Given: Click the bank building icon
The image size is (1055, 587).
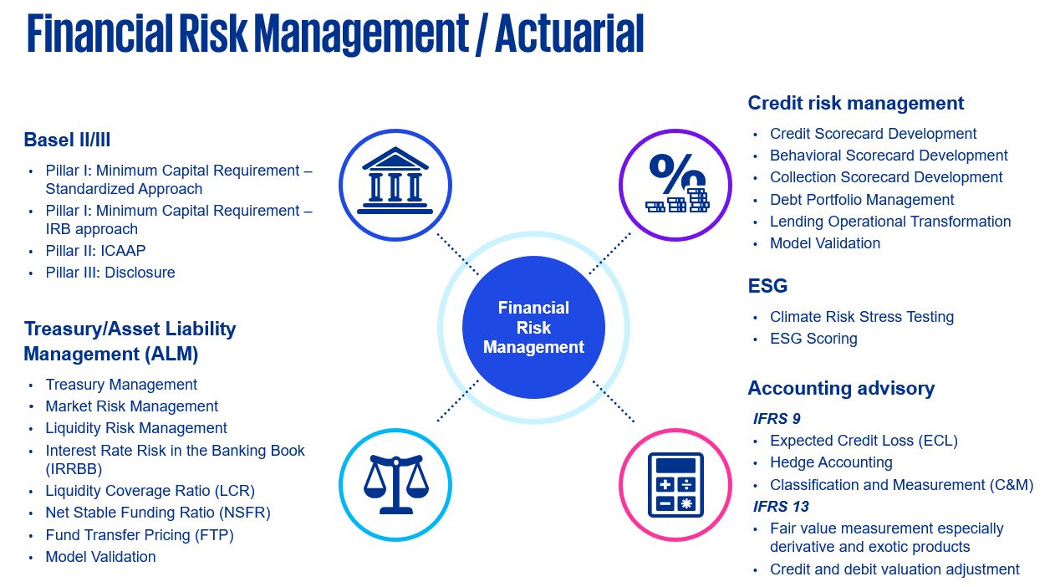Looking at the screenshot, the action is [395, 181].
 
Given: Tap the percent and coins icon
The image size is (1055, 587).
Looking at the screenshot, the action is [677, 183].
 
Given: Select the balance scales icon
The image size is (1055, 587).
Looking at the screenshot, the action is [395, 484].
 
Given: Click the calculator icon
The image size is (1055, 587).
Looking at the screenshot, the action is [675, 485].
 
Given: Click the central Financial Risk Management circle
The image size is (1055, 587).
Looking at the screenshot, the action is [533, 328].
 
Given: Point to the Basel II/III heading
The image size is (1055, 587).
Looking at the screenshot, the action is [67, 140].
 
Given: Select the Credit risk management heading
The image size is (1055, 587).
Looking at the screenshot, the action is [856, 103].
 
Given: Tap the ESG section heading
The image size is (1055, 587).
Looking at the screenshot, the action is [767, 286].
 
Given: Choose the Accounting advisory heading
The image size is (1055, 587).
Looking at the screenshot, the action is [841, 388].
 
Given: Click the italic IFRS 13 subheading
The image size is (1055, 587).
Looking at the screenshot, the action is [781, 507].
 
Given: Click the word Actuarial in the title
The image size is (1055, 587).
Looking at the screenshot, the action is [569, 33].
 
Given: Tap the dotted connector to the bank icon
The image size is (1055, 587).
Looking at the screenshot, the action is [458, 254].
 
